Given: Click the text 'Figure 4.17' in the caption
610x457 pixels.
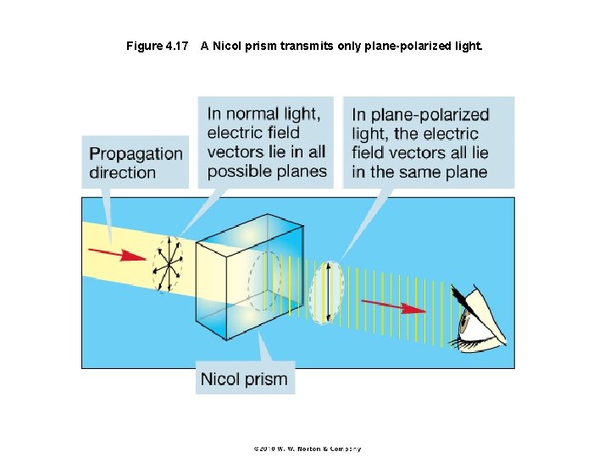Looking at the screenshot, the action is (x=157, y=46).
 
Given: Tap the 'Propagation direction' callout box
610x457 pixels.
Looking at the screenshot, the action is (x=136, y=162).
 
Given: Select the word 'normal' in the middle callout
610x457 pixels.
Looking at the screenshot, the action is (x=256, y=113).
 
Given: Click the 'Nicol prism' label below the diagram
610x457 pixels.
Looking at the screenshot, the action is (x=244, y=378).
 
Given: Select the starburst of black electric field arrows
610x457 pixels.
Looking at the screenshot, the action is (x=167, y=263).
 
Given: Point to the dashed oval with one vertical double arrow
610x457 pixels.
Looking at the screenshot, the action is (x=326, y=293).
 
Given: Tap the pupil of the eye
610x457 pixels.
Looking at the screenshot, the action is (x=464, y=321).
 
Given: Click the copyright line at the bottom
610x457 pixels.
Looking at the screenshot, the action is (x=305, y=449).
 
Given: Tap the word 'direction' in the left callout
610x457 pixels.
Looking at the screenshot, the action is (x=123, y=173).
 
